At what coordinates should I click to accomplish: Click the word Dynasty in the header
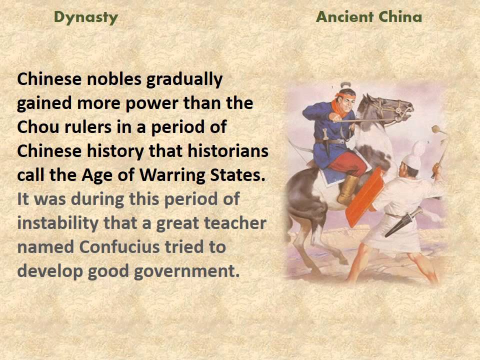(x=86, y=17)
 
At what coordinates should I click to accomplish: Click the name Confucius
(x=117, y=247)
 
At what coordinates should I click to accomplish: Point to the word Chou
(x=38, y=127)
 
